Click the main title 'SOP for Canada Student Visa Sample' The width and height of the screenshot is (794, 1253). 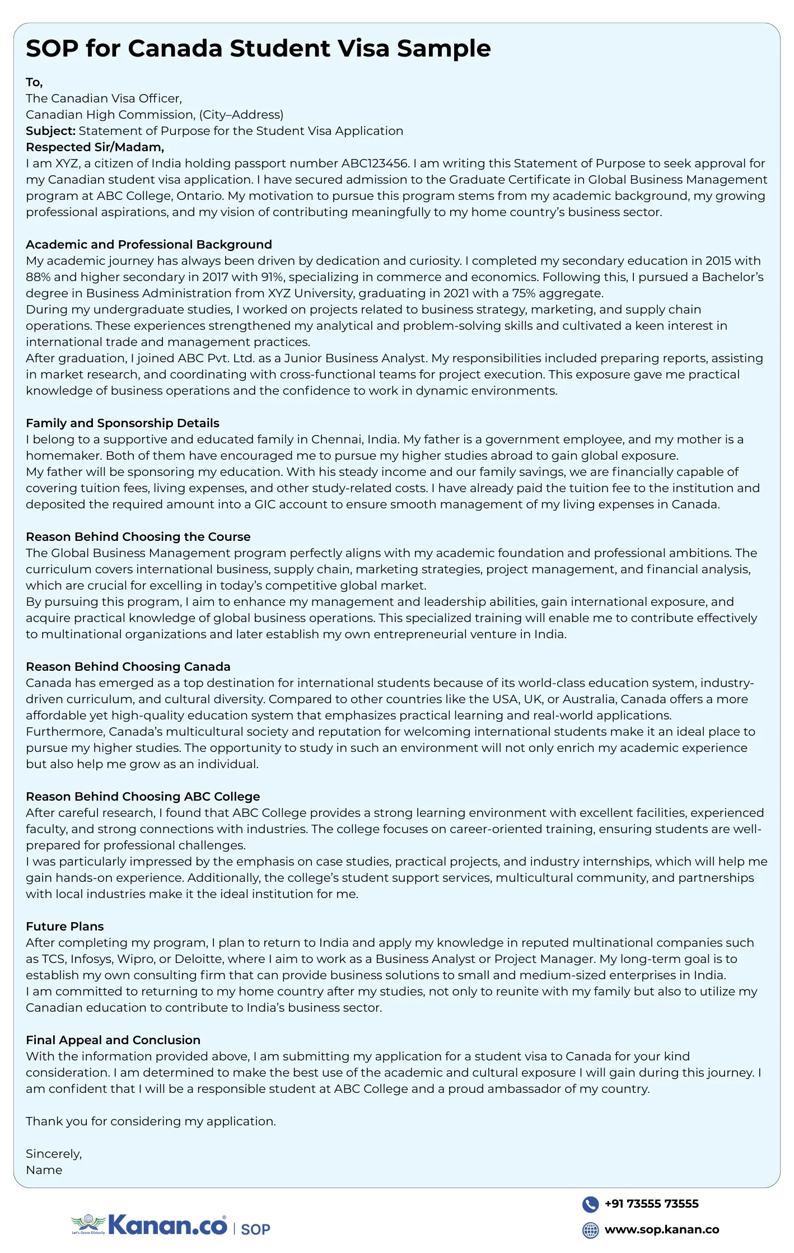tap(258, 49)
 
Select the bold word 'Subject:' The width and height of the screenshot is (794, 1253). tap(50, 131)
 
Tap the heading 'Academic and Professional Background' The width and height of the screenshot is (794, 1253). tap(149, 245)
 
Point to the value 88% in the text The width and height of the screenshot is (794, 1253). tap(38, 277)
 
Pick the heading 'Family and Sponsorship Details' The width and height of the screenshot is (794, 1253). tap(123, 423)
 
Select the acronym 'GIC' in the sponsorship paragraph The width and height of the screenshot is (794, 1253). tap(265, 504)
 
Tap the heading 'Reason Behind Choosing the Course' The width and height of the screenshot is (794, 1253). tap(138, 537)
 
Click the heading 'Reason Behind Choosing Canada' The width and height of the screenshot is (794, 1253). tap(128, 667)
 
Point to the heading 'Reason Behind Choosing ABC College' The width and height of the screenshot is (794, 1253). tap(143, 797)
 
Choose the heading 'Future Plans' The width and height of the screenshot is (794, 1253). tap(65, 927)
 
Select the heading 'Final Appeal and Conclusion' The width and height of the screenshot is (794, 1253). tap(113, 1040)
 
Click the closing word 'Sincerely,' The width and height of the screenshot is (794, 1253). tap(54, 1154)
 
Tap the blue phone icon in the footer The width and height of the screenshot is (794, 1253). tap(590, 1204)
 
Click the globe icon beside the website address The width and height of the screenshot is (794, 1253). tap(590, 1230)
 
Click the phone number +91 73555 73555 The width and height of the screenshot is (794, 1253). tap(651, 1204)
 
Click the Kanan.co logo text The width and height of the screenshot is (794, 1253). tap(167, 1226)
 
